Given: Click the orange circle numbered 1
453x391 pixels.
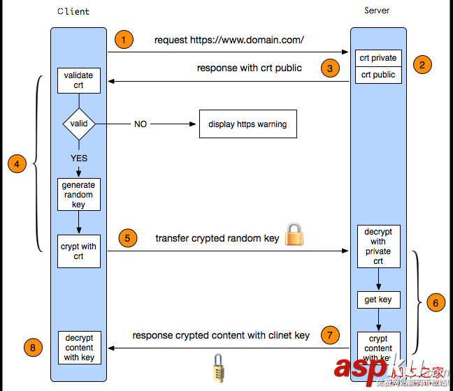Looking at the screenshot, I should (x=124, y=40).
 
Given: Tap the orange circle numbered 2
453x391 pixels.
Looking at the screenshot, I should (x=422, y=65).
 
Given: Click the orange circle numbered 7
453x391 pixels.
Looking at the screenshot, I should (x=330, y=335).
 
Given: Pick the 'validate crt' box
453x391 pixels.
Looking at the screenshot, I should (x=79, y=80).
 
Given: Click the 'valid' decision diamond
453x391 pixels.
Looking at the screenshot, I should (x=79, y=124).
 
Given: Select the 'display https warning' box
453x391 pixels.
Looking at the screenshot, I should (x=247, y=124).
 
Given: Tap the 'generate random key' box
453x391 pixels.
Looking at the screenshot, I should (x=79, y=195).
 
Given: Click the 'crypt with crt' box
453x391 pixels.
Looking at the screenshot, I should (x=79, y=251).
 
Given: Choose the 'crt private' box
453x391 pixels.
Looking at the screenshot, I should (x=378, y=58).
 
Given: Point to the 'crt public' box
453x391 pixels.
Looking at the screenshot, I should (x=378, y=75).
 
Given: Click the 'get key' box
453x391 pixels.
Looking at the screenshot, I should (x=378, y=300).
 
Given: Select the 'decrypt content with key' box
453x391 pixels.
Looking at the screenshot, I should (x=79, y=347).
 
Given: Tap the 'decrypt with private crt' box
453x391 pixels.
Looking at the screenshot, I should (x=378, y=246).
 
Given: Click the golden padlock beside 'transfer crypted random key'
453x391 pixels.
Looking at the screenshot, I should (x=294, y=235).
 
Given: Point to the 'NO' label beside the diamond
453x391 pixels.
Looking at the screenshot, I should (x=141, y=124).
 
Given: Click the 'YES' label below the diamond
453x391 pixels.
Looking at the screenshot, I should (x=79, y=158).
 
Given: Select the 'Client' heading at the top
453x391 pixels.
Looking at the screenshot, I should (x=73, y=12).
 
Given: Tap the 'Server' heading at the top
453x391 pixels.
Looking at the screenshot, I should (x=377, y=10).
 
